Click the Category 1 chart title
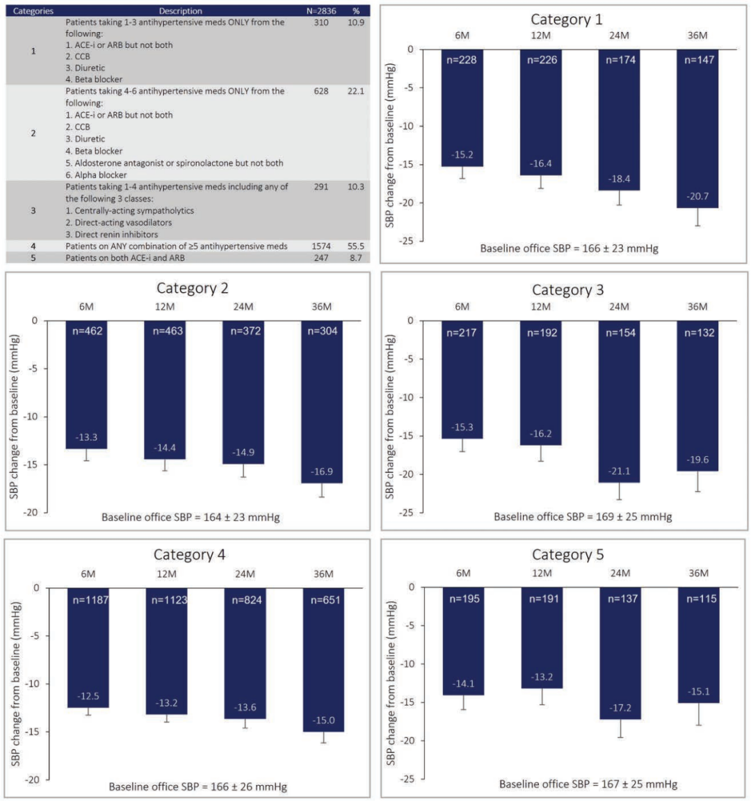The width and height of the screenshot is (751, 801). point(566,19)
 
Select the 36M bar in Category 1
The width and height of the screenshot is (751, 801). point(697,129)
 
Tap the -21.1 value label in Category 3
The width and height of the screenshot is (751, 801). point(619,471)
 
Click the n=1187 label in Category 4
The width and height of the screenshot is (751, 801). point(89,599)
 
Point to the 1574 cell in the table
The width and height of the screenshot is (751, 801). point(321,246)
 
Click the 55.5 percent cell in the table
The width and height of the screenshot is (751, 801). point(356,246)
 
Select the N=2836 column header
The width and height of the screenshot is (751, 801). point(321,11)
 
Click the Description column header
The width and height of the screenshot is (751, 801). point(180,11)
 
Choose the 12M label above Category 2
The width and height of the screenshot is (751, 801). point(165,307)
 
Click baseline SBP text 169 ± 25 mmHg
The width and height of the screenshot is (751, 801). point(583,517)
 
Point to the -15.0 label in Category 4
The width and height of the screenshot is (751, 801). point(323,720)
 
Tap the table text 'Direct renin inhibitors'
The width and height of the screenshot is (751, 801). point(112,234)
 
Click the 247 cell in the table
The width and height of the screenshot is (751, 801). point(321,258)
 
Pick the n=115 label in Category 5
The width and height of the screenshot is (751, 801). point(699,599)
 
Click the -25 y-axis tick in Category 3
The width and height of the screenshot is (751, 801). point(405,512)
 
